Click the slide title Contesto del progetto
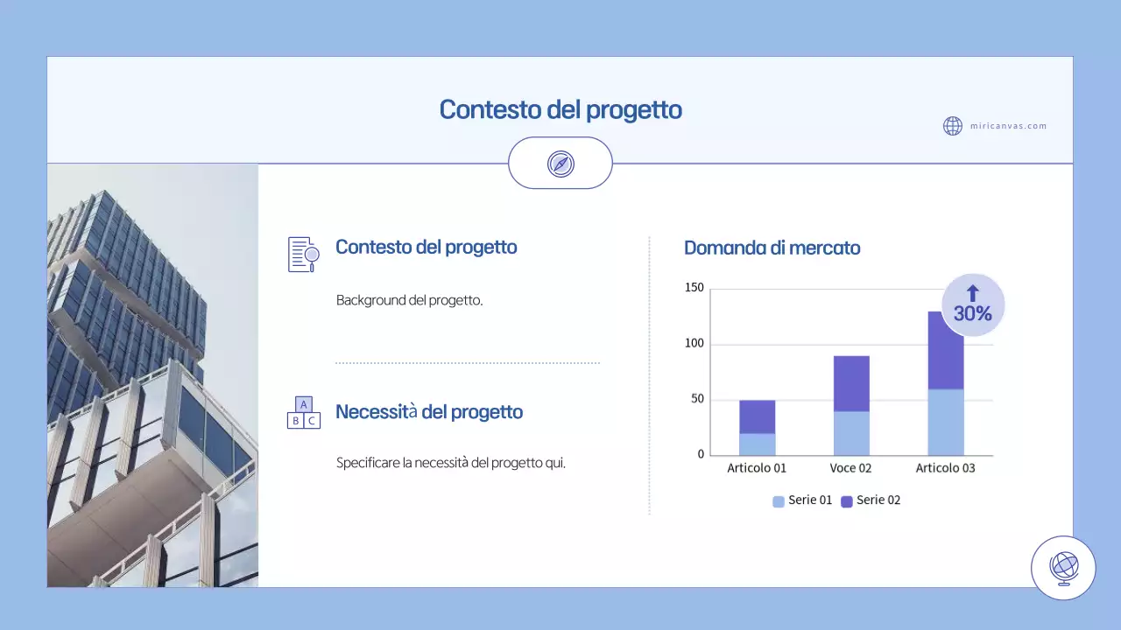coord(560,110)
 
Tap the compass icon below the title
coord(560,164)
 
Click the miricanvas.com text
coord(1008,126)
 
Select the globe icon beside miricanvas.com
coord(953,126)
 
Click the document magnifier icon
coord(303,254)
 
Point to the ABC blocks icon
coord(303,412)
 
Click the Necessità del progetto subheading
coord(429,412)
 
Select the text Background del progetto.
coord(410,300)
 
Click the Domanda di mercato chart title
coord(772,248)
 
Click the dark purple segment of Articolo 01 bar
coord(758,417)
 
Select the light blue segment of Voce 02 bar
coord(851,433)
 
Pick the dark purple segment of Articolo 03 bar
coord(946,350)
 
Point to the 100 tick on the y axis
coord(694,344)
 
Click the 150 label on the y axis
coord(694,288)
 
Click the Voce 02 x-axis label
coord(850,468)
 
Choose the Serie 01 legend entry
coord(801,500)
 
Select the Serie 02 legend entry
coord(871,500)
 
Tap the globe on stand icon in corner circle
coord(1063,568)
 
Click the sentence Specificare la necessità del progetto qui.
coord(451,463)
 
